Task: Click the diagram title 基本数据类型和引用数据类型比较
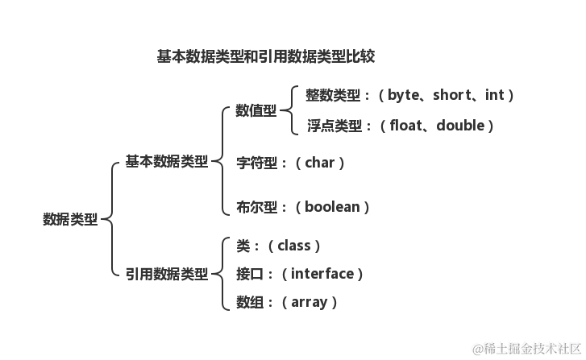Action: tap(265, 57)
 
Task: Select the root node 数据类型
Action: tap(69, 219)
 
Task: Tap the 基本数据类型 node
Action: tap(165, 162)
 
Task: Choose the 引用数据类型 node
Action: tap(165, 274)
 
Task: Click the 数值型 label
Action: tap(256, 110)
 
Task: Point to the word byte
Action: tap(404, 95)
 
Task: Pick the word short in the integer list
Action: tap(451, 95)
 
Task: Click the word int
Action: tap(494, 95)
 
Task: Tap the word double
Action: tap(461, 126)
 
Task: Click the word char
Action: tap(319, 163)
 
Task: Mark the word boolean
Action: tap(331, 207)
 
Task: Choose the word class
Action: tap(294, 246)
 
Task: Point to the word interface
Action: tap(322, 274)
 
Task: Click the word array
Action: tap(309, 303)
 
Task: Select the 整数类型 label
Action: tap(333, 95)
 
